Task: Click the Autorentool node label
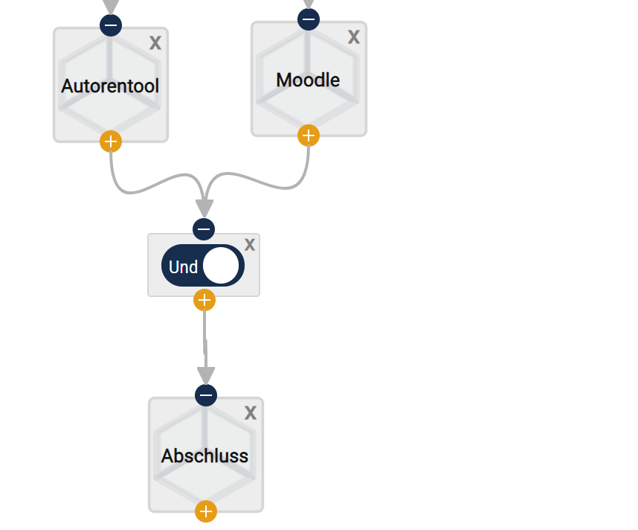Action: coord(110,86)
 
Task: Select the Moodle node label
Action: coord(308,80)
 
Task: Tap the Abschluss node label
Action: coord(204,456)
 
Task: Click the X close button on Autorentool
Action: coord(155,43)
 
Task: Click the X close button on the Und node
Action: coord(250,245)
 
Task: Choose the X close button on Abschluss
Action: coord(251,413)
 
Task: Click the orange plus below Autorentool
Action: coord(111,141)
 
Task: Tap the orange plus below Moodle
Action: coord(309,135)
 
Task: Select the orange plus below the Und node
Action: coord(204,301)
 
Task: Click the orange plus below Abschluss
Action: coord(206,511)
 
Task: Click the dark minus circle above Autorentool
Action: coord(111,25)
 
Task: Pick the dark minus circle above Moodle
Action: coord(309,19)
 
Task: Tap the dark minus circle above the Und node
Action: coord(204,229)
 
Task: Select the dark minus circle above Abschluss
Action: coord(206,395)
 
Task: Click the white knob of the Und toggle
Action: coord(221,266)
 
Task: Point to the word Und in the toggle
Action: coord(183,267)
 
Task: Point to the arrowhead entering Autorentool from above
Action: coord(111,7)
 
